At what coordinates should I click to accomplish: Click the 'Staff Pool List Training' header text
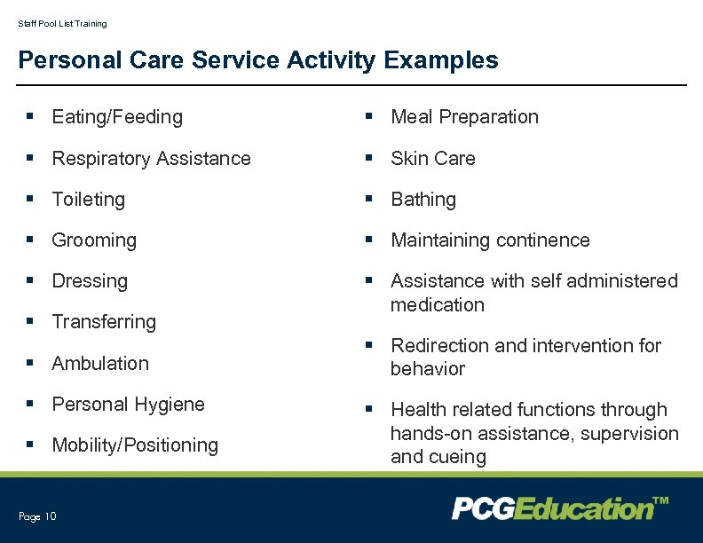[x=62, y=24]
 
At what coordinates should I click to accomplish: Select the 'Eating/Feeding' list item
[x=117, y=117]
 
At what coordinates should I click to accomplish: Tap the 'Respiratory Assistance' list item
[x=151, y=159]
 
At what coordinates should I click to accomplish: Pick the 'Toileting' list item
[x=89, y=200]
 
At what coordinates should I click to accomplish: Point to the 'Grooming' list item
[x=94, y=240]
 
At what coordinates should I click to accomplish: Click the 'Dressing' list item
[x=90, y=281]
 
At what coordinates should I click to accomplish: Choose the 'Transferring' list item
[x=104, y=322]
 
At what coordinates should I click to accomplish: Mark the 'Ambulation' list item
[x=100, y=363]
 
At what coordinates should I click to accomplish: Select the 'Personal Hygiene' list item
[x=128, y=405]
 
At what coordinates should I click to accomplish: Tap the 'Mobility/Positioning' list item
[x=135, y=445]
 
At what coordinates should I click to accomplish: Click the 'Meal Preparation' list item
[x=464, y=117]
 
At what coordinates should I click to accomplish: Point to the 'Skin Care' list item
[x=433, y=159]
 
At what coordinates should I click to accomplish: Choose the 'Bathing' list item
[x=423, y=200]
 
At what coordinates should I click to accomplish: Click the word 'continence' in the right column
[x=542, y=240]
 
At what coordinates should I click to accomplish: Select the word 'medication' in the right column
[x=438, y=305]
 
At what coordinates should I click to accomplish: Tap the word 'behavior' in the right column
[x=428, y=369]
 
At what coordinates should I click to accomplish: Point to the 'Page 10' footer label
[x=37, y=516]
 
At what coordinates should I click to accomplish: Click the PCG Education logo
[x=560, y=508]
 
